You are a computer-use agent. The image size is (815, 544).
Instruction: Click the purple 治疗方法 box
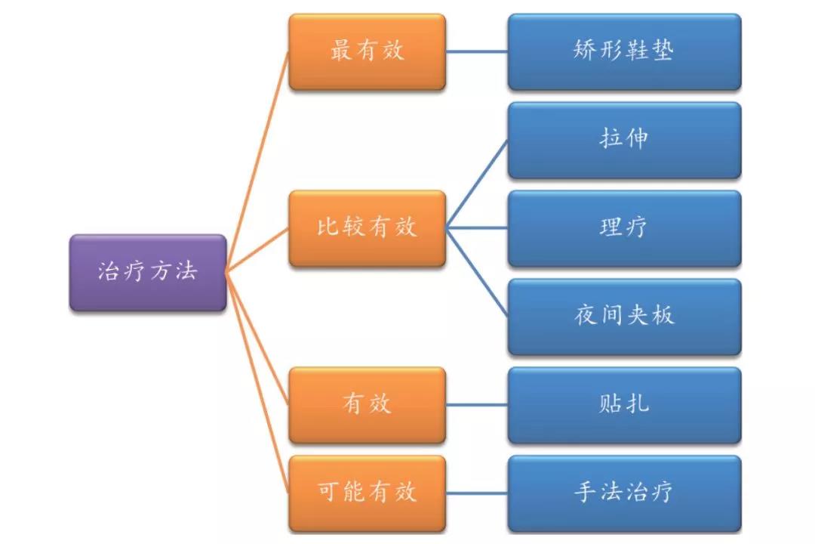[x=148, y=273]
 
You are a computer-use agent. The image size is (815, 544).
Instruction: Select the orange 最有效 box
[x=367, y=51]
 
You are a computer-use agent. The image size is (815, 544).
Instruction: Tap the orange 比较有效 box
[x=367, y=228]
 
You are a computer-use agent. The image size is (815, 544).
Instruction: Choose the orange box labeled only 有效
[x=367, y=405]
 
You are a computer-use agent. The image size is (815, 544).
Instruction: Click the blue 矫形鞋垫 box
[x=624, y=51]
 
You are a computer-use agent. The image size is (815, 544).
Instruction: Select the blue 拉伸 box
[x=624, y=140]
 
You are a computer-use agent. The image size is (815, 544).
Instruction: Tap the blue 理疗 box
[x=624, y=228]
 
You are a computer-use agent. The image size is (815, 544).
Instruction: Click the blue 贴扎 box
[x=624, y=405]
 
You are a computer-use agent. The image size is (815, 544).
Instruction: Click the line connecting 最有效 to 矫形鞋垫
[x=476, y=51]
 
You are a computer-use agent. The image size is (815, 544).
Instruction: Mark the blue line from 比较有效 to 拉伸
[x=476, y=184]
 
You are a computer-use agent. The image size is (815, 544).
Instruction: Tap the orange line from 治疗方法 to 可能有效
[x=257, y=382]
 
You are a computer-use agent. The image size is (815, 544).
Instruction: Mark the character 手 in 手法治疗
[x=586, y=493]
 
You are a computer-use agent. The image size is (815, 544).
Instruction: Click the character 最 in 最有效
[x=342, y=51]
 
